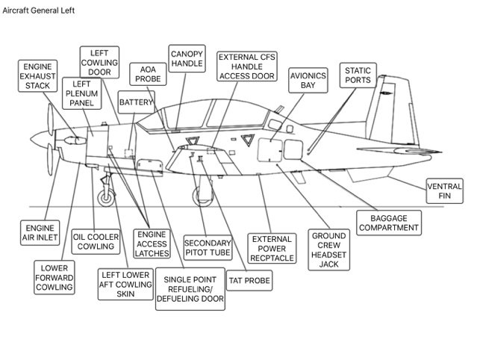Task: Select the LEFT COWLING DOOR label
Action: click(99, 63)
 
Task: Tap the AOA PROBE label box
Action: click(148, 73)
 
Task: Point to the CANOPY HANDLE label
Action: click(187, 59)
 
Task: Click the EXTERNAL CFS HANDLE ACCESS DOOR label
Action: click(246, 66)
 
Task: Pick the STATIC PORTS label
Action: click(357, 75)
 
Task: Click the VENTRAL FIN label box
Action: click(443, 190)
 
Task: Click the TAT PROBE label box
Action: click(249, 281)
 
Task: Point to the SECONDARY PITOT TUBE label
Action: click(207, 247)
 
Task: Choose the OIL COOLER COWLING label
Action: click(96, 241)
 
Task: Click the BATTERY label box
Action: click(136, 102)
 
